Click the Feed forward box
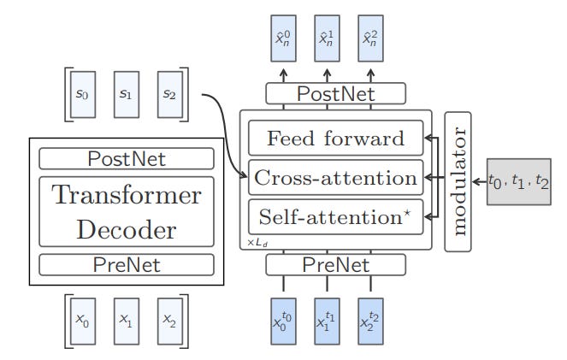coord(335,139)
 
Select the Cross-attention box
coord(335,178)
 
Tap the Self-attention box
coord(335,215)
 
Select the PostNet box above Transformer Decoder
coord(127,159)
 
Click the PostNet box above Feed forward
coord(335,92)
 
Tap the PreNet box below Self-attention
coord(335,266)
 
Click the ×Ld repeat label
coord(256,243)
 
